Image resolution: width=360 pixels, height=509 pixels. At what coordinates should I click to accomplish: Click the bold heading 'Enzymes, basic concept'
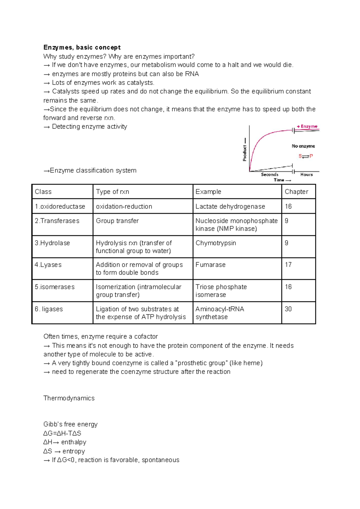tap(82, 47)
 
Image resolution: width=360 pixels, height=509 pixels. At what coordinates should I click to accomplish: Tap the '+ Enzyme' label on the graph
tap(307, 127)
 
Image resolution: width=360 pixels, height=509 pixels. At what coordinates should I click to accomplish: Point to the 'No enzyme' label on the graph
tap(303, 146)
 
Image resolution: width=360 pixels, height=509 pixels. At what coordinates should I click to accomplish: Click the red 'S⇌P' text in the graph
tap(306, 156)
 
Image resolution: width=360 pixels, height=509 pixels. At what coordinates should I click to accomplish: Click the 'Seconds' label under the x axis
tap(269, 175)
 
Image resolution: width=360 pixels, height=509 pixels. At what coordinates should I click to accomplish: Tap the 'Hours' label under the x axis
tap(306, 175)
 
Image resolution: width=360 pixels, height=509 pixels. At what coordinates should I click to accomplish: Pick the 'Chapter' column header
tap(296, 192)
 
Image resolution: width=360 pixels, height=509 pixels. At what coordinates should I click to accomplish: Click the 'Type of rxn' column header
tap(112, 192)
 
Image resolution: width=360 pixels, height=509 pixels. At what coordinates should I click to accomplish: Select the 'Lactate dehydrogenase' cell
tap(230, 206)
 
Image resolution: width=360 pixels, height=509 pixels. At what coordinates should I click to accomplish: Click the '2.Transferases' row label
tap(57, 221)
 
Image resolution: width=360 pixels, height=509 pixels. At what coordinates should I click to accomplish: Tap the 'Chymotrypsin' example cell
tap(216, 243)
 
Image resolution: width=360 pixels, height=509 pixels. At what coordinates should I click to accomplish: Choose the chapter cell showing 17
tap(288, 265)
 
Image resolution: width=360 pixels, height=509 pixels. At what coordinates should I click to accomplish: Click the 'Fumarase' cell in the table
tap(210, 265)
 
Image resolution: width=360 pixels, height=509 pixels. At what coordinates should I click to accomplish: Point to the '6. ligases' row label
tap(49, 309)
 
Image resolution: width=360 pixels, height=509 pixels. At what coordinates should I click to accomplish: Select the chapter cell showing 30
tap(288, 309)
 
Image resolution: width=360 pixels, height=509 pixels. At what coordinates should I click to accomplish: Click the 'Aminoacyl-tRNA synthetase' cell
tap(220, 313)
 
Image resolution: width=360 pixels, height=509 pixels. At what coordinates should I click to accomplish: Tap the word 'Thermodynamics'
tap(69, 398)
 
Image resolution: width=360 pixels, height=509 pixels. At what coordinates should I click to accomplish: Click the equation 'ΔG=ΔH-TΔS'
tap(62, 433)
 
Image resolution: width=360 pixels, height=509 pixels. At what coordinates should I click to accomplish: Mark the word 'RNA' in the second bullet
tap(192, 74)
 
